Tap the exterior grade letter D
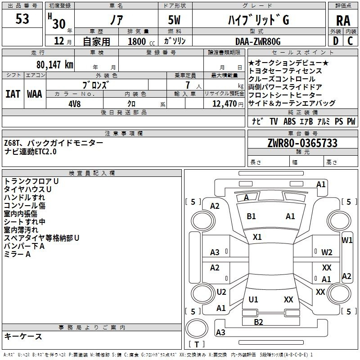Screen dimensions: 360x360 click(335, 41)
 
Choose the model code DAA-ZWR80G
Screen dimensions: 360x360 click(258, 41)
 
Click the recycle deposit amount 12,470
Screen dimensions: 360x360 click(224, 103)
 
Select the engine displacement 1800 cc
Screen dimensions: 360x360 click(139, 41)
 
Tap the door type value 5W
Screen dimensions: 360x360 click(175, 21)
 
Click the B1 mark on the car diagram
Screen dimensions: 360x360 click(252, 216)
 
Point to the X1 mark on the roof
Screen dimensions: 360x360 click(257, 237)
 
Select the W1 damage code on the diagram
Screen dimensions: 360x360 click(347, 240)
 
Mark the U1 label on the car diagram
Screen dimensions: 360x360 click(253, 299)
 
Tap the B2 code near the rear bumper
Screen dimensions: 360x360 click(258, 321)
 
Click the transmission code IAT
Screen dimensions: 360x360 click(13, 94)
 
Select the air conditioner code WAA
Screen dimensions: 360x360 click(34, 94)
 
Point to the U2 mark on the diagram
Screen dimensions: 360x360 click(221, 292)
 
